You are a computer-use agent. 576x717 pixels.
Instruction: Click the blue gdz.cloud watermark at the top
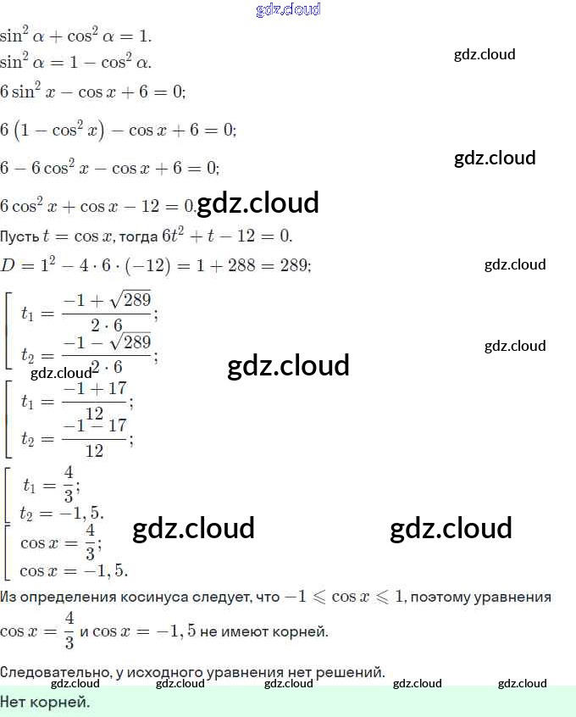pos(288,10)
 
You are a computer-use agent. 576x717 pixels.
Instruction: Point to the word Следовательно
pos(48,673)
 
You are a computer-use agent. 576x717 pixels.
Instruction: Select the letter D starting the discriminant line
pos(8,266)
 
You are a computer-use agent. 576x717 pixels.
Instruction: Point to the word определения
pos(67,597)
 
